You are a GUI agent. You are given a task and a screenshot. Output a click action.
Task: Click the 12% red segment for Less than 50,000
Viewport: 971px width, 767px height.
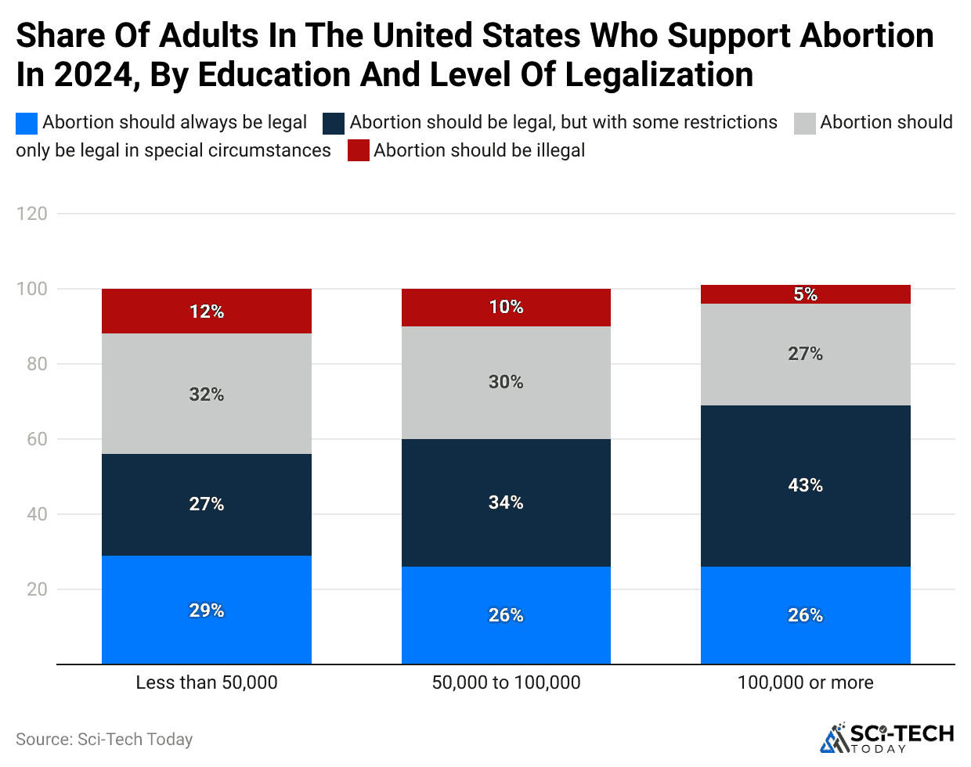coord(207,311)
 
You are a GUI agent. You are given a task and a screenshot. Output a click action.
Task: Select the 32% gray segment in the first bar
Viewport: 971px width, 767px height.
coord(207,394)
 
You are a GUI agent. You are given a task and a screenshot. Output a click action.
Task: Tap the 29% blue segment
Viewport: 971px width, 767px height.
coord(207,610)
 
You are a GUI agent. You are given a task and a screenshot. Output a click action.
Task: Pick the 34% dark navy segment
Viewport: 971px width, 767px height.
coord(506,502)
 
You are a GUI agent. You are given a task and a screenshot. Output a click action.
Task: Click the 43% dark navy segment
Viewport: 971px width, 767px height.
coord(805,485)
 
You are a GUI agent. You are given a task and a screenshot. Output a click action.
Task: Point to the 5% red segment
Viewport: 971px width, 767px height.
coord(805,294)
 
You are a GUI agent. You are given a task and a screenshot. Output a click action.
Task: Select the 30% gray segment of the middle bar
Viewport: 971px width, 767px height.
coord(506,382)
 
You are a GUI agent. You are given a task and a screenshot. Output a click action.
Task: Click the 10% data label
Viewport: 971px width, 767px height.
coord(506,307)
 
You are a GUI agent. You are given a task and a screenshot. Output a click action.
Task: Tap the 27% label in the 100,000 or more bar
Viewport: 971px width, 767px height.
coord(805,354)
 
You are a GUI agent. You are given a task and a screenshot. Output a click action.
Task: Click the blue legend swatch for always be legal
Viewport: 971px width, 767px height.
coord(27,123)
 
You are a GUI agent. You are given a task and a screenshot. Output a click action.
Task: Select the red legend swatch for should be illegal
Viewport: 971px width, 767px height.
coord(359,150)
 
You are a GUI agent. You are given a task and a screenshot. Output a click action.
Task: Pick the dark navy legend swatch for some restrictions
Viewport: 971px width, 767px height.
coord(334,123)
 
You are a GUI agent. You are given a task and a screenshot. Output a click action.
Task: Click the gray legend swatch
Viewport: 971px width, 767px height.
coord(805,123)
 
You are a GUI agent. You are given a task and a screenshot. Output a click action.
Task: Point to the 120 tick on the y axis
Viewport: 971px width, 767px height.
coord(31,214)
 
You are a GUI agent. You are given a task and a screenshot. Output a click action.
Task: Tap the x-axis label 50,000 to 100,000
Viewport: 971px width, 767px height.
coord(506,682)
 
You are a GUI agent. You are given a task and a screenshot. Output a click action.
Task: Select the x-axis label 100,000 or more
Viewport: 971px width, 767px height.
coord(805,682)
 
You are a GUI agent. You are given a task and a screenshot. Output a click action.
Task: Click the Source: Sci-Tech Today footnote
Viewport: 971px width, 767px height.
coord(104,740)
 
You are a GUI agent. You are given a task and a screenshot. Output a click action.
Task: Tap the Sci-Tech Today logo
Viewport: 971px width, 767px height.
coord(886,738)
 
